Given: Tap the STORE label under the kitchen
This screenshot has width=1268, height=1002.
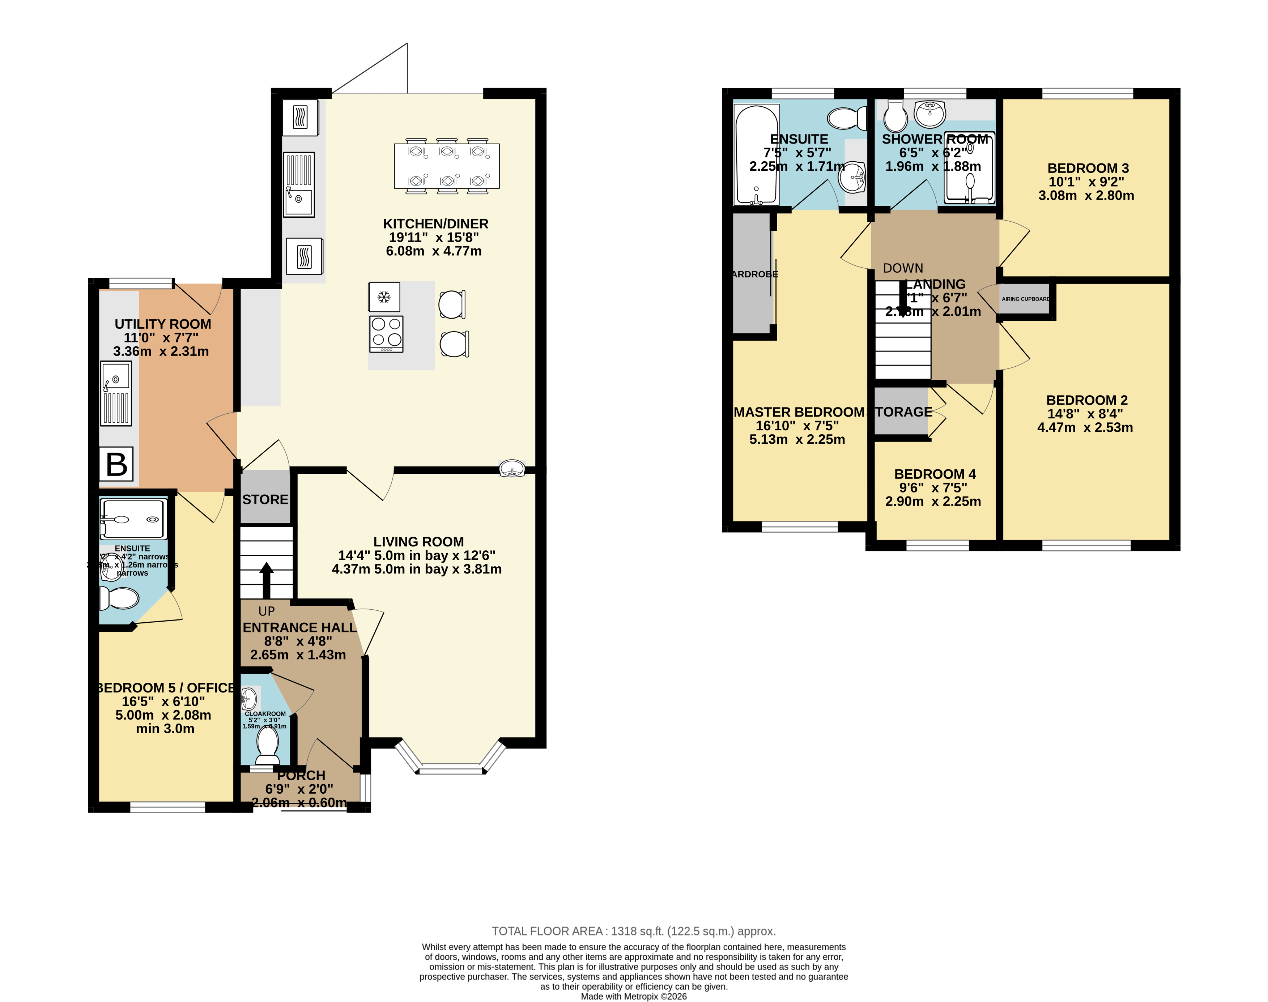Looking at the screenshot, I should click(x=265, y=499).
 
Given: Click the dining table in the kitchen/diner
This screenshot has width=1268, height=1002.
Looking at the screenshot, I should click(x=447, y=166).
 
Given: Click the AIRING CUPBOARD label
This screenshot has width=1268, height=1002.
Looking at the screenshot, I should click(x=1025, y=299).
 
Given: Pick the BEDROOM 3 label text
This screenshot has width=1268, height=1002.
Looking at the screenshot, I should click(x=1088, y=169).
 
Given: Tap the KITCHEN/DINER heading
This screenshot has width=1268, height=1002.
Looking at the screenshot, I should click(x=435, y=223).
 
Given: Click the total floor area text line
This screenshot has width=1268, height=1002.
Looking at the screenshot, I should click(x=634, y=931).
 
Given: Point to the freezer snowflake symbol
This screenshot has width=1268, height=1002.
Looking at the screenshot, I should click(x=384, y=297).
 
